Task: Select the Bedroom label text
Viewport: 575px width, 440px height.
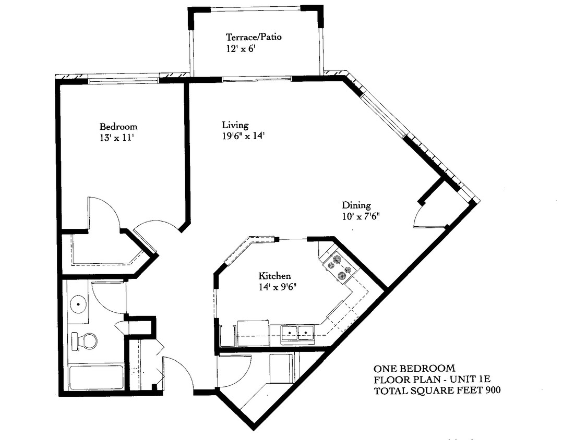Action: [x=118, y=127]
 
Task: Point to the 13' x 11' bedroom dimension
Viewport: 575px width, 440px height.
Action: [x=114, y=138]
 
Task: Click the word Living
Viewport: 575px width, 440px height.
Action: [x=235, y=125]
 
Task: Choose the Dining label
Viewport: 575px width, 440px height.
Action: [x=356, y=205]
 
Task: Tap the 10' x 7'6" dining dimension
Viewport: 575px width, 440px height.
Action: [x=364, y=216]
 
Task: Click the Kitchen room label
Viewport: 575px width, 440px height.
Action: [x=274, y=276]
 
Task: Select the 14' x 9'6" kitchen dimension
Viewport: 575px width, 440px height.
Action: [x=278, y=287]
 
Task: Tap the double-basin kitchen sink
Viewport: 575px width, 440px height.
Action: [x=297, y=333]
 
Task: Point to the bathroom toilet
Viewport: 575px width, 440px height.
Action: [x=85, y=341]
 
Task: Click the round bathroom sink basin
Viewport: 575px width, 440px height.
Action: [x=78, y=302]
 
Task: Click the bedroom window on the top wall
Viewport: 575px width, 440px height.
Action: [x=124, y=80]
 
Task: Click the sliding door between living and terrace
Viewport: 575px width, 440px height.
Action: [x=257, y=79]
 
